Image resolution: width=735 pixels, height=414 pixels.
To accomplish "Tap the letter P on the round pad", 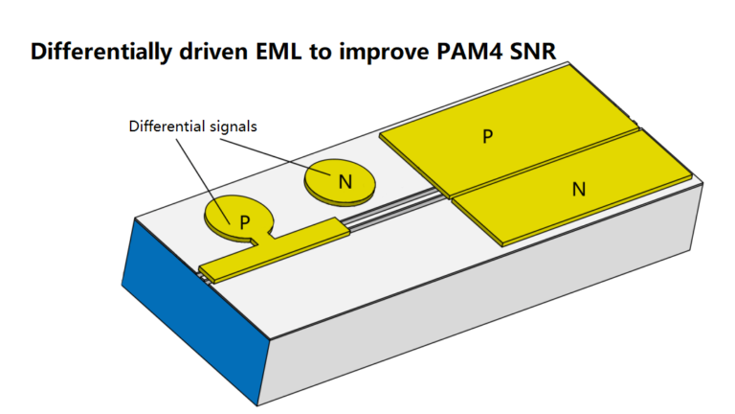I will tap(245, 221).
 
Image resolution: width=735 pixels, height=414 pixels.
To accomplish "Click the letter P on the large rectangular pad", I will tap(487, 136).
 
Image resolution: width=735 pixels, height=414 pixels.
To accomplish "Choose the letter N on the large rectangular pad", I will tap(578, 189).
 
